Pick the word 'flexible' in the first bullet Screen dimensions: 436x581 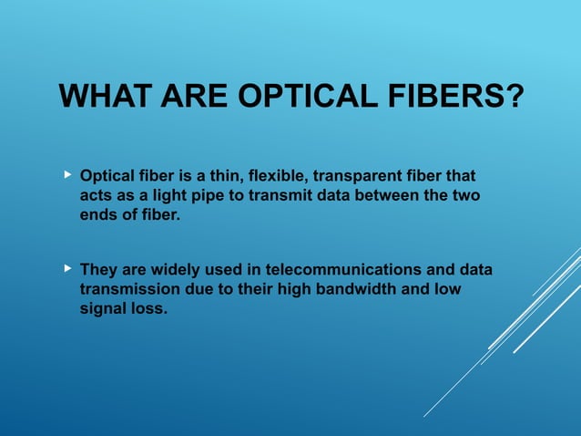272,174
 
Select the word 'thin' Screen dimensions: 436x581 226,174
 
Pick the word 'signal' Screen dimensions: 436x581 102,310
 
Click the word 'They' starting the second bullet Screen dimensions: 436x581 98,270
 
